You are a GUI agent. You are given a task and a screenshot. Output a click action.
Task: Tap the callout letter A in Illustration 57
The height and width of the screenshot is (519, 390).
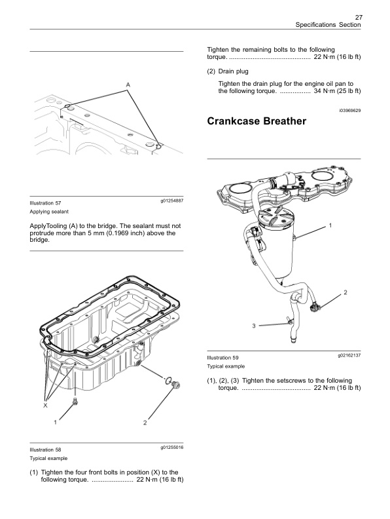pyautogui.click(x=128, y=85)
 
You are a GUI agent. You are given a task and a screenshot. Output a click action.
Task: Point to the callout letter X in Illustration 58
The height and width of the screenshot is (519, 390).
pyautogui.click(x=45, y=406)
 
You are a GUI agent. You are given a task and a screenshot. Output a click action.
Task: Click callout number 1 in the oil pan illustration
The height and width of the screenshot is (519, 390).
pyautogui.click(x=56, y=423)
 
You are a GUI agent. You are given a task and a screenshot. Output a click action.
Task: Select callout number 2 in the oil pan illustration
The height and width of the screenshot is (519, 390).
pyautogui.click(x=144, y=423)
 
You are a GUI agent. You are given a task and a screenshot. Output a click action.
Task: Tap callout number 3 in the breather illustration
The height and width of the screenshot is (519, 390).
pyautogui.click(x=254, y=326)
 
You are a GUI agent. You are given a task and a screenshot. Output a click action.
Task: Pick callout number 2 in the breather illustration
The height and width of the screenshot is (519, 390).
pyautogui.click(x=345, y=291)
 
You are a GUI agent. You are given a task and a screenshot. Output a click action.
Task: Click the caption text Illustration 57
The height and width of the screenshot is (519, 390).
pyautogui.click(x=45, y=203)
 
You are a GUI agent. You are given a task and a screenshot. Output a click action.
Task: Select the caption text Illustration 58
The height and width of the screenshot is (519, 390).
pyautogui.click(x=45, y=450)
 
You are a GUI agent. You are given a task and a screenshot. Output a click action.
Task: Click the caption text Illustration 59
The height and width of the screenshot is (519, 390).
pyautogui.click(x=222, y=357)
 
